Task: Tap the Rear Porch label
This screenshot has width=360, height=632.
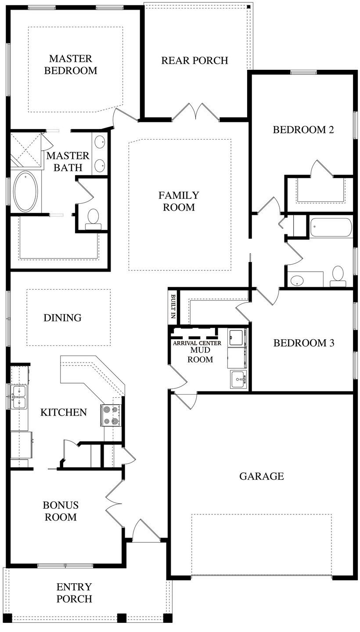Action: [x=194, y=61]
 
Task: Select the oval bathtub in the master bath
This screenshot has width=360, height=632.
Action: [x=26, y=192]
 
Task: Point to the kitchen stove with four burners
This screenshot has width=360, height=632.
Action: [x=110, y=415]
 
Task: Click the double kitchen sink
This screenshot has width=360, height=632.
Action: [x=19, y=396]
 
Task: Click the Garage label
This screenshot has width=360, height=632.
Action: [x=262, y=476]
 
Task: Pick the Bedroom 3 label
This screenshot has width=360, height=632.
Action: [x=304, y=343]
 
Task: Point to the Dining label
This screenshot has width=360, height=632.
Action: [x=62, y=317]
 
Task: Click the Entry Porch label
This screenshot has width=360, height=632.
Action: [x=74, y=592]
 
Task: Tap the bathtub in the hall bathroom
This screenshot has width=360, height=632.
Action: [x=331, y=228]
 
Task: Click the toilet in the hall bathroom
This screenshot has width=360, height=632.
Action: [x=338, y=274]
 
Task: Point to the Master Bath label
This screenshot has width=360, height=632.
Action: [x=68, y=161]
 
